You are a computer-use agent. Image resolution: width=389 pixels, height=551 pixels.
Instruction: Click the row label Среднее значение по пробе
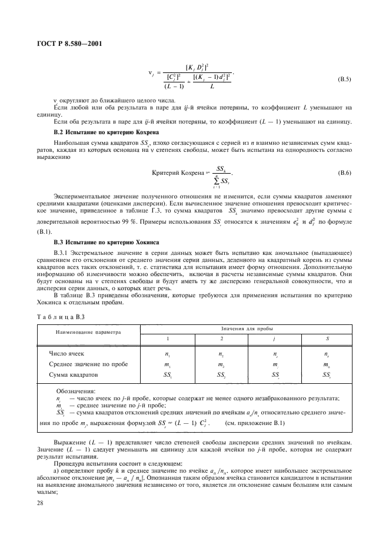coord(88,364)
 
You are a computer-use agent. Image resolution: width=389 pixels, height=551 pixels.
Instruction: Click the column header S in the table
coord(327,338)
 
